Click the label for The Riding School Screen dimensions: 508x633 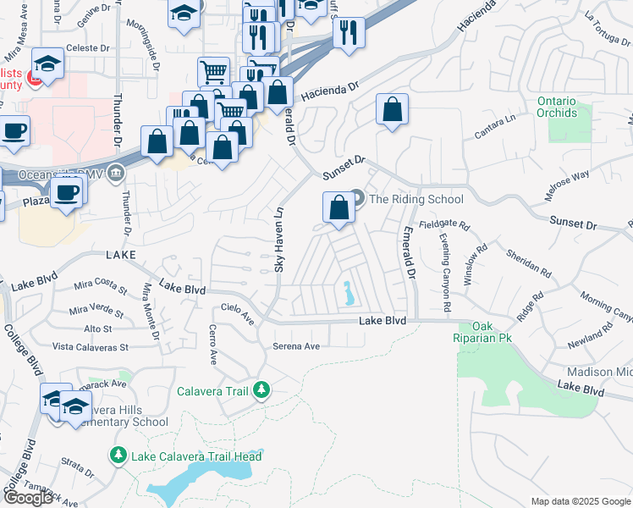416,199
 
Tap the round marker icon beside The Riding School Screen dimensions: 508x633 357,199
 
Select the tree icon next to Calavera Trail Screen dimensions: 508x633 263,390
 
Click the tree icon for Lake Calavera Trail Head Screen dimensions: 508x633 118,456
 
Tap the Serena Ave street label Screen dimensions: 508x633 296,346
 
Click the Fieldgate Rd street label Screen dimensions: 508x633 445,225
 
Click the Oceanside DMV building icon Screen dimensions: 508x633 117,174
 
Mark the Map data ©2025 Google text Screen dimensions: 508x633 580,500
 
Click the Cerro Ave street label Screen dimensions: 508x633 212,345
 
